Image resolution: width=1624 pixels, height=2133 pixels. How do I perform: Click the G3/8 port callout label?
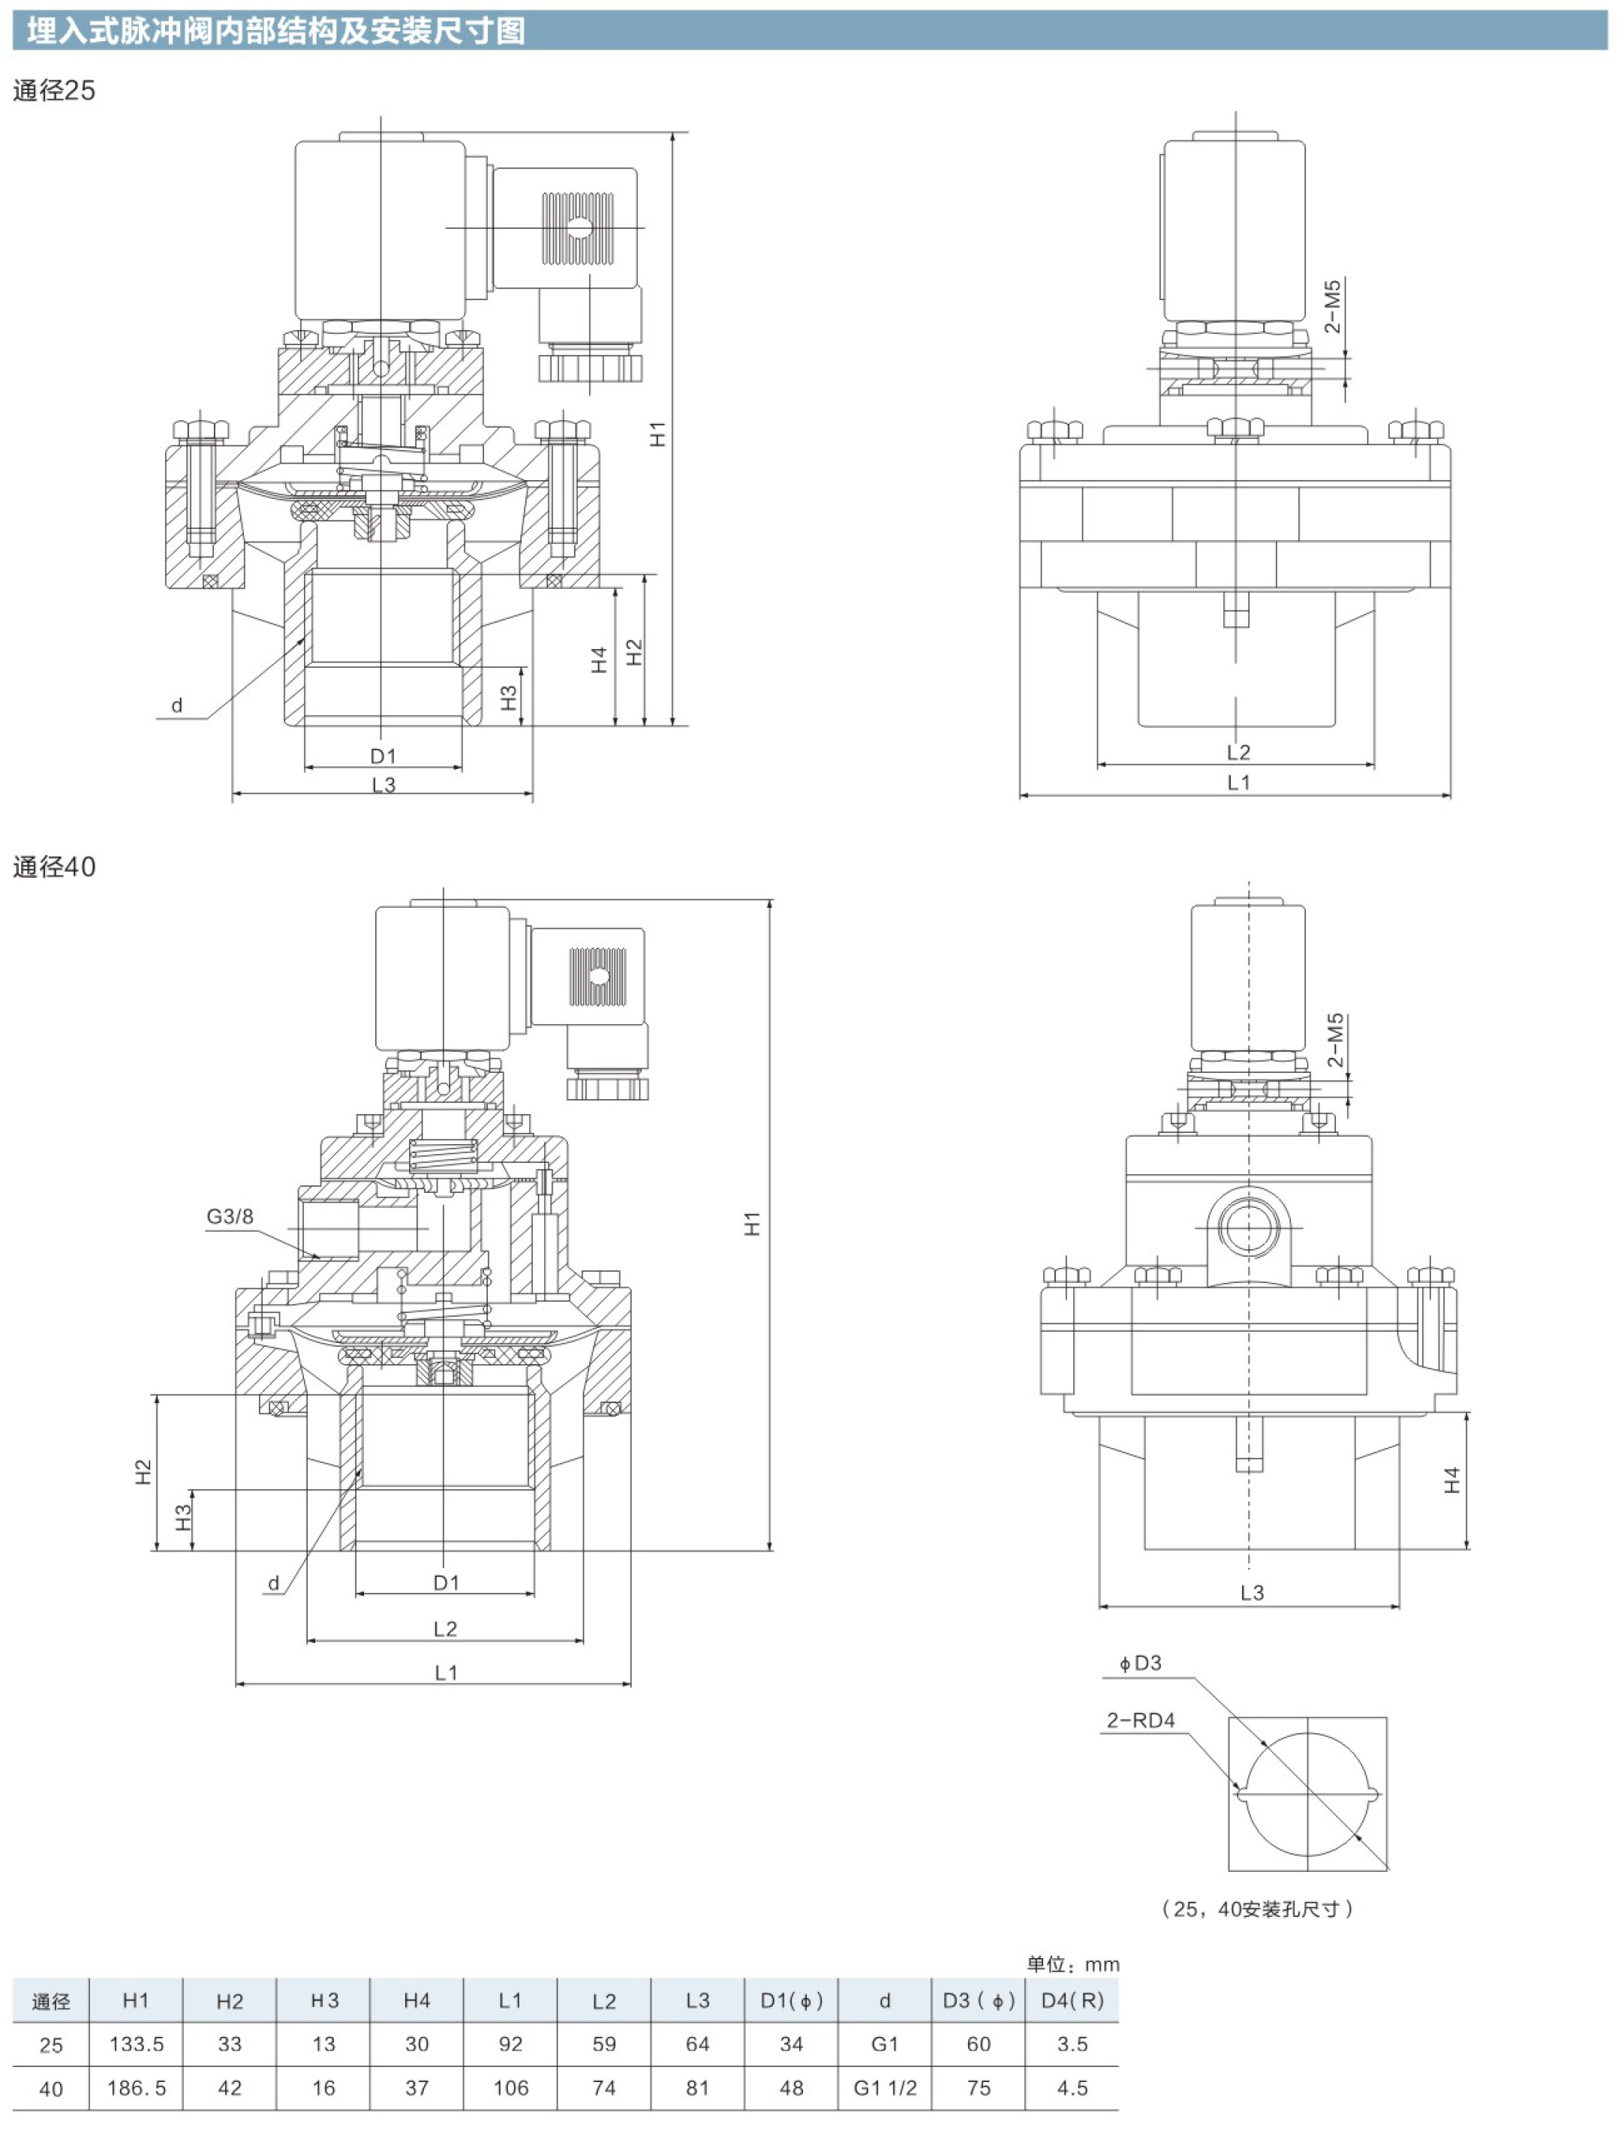tap(230, 1217)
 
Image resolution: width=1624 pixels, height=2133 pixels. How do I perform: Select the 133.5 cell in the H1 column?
tap(137, 2044)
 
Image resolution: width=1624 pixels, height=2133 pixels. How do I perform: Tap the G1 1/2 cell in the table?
tap(885, 2087)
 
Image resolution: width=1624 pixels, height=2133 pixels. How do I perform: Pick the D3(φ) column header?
tap(979, 2001)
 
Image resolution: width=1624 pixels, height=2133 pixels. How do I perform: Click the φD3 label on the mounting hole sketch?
tap(1141, 1663)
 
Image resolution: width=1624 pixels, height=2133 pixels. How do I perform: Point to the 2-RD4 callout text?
tap(1141, 1720)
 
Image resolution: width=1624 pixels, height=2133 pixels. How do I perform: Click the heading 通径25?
tap(54, 91)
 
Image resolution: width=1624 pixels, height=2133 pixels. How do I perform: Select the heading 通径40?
tap(54, 867)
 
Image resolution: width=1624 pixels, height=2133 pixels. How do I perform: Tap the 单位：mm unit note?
tap(1073, 1965)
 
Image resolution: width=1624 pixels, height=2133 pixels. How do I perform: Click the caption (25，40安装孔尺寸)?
tap(1257, 1909)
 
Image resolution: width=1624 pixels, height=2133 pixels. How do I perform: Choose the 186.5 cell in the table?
tap(137, 2087)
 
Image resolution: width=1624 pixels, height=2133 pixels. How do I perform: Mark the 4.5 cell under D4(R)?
tap(1073, 2087)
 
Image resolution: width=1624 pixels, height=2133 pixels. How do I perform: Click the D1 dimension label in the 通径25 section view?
tap(383, 755)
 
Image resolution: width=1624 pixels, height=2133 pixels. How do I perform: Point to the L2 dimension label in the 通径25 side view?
tap(1238, 752)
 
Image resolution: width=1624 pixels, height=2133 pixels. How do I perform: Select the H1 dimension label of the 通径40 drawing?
tap(752, 1224)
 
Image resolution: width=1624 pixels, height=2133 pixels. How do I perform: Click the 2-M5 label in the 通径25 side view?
tap(1333, 306)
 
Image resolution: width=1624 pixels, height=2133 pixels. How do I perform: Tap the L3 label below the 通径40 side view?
tap(1252, 1592)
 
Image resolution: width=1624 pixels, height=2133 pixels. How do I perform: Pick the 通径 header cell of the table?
tap(51, 2002)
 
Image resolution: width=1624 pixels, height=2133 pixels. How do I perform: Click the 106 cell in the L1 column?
tap(510, 2087)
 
